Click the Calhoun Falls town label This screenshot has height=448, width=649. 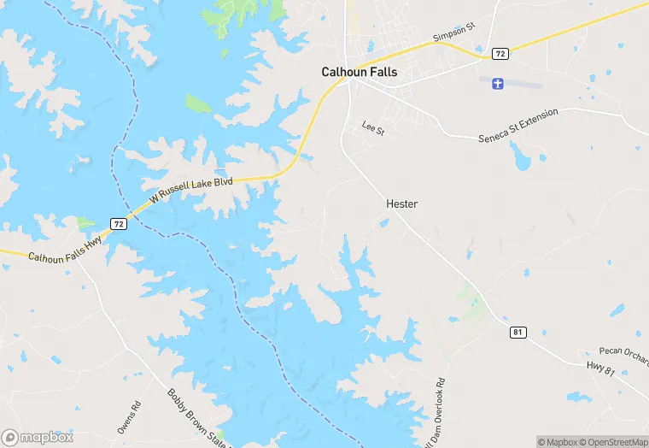[359, 73]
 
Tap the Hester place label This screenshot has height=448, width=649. [401, 204]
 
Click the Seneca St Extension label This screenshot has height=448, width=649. [518, 125]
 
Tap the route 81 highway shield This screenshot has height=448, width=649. [517, 332]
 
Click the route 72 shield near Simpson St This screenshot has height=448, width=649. [500, 54]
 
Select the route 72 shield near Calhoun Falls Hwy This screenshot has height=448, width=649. [119, 224]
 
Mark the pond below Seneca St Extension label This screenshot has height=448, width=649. [520, 155]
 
